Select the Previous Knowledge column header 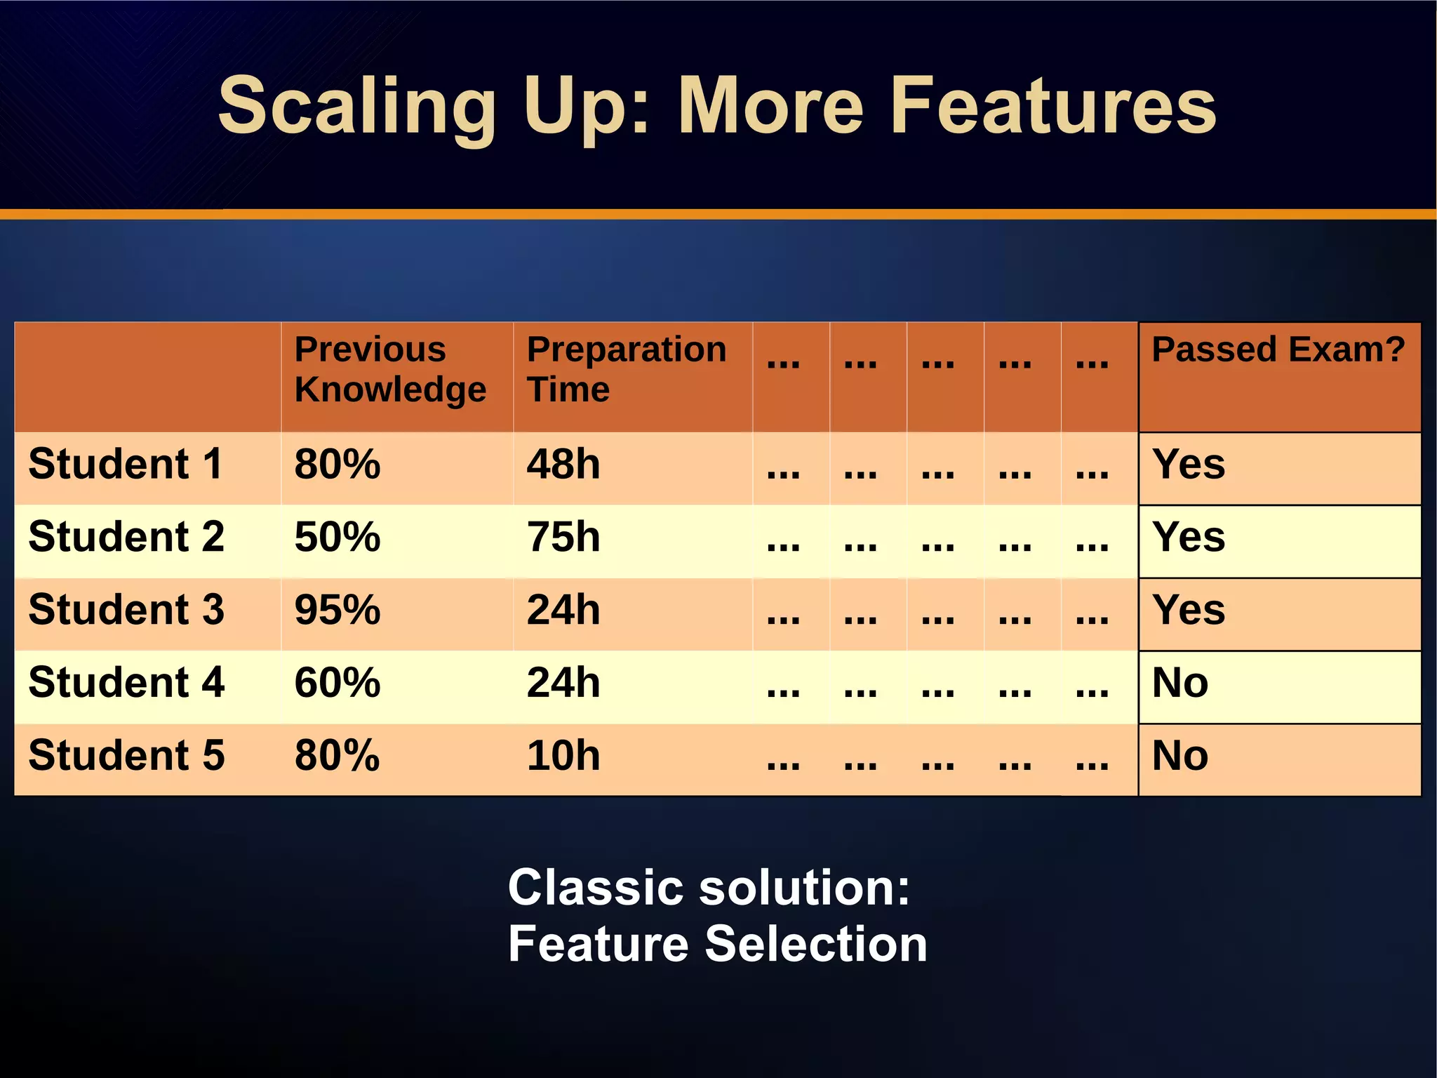tap(390, 370)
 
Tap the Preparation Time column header tap(626, 370)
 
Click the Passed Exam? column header tap(1278, 350)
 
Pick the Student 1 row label tap(126, 465)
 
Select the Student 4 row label tap(126, 683)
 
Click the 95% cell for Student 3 tap(337, 610)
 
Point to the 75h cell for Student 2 tap(563, 538)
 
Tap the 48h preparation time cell tap(563, 465)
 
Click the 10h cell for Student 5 tap(563, 756)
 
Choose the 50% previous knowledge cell tap(337, 538)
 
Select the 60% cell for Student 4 tap(337, 683)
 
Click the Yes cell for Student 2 tap(1189, 538)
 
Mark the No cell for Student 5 tap(1180, 756)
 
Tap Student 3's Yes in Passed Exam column tap(1189, 610)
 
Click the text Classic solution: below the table tap(709, 888)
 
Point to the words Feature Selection tap(717, 944)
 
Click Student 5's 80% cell tap(337, 756)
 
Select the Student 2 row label tap(126, 538)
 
